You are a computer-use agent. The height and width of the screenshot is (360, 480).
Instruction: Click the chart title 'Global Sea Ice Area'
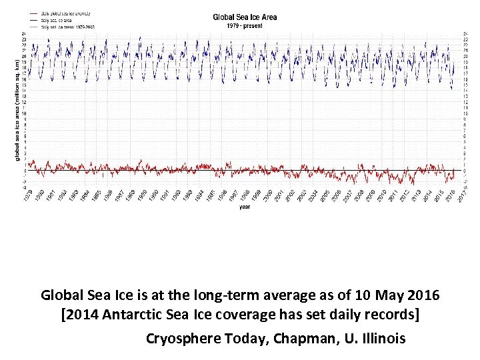[x=245, y=17]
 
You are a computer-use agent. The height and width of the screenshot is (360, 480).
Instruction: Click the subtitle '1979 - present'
[x=245, y=25]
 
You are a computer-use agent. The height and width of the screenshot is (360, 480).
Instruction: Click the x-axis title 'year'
[x=244, y=207]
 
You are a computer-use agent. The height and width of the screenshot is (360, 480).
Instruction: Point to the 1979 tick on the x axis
[x=27, y=195]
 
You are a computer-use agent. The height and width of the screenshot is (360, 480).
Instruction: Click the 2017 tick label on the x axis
[x=463, y=195]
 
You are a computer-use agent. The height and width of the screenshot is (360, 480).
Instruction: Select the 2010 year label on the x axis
[x=382, y=195]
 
